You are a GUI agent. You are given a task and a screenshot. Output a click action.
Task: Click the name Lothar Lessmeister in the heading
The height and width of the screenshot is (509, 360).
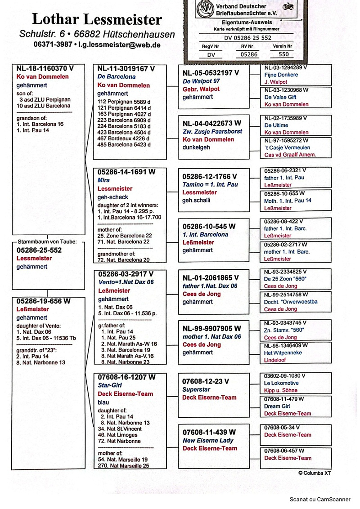coord(97,19)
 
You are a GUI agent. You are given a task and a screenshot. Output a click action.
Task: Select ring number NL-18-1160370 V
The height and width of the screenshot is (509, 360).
coord(45,69)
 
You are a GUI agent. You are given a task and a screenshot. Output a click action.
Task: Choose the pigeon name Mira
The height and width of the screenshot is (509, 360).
coord(103,180)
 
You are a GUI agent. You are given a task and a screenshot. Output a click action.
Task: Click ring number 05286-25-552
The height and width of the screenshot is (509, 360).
coord(39,250)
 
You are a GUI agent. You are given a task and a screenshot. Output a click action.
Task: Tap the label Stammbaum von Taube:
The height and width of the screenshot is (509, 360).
coord(48,241)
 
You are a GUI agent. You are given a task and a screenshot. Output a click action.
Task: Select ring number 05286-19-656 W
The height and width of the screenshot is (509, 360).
coord(44,301)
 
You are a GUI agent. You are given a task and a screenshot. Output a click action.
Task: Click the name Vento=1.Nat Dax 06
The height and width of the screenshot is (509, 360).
coord(126,282)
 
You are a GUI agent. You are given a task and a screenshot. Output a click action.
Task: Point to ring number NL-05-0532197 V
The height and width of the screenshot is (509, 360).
coord(211,73)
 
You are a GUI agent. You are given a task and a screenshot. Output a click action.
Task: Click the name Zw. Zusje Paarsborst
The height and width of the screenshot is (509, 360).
coord(212,132)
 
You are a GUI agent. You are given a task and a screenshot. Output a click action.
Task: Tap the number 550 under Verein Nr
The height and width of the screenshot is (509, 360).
coord(283,54)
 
